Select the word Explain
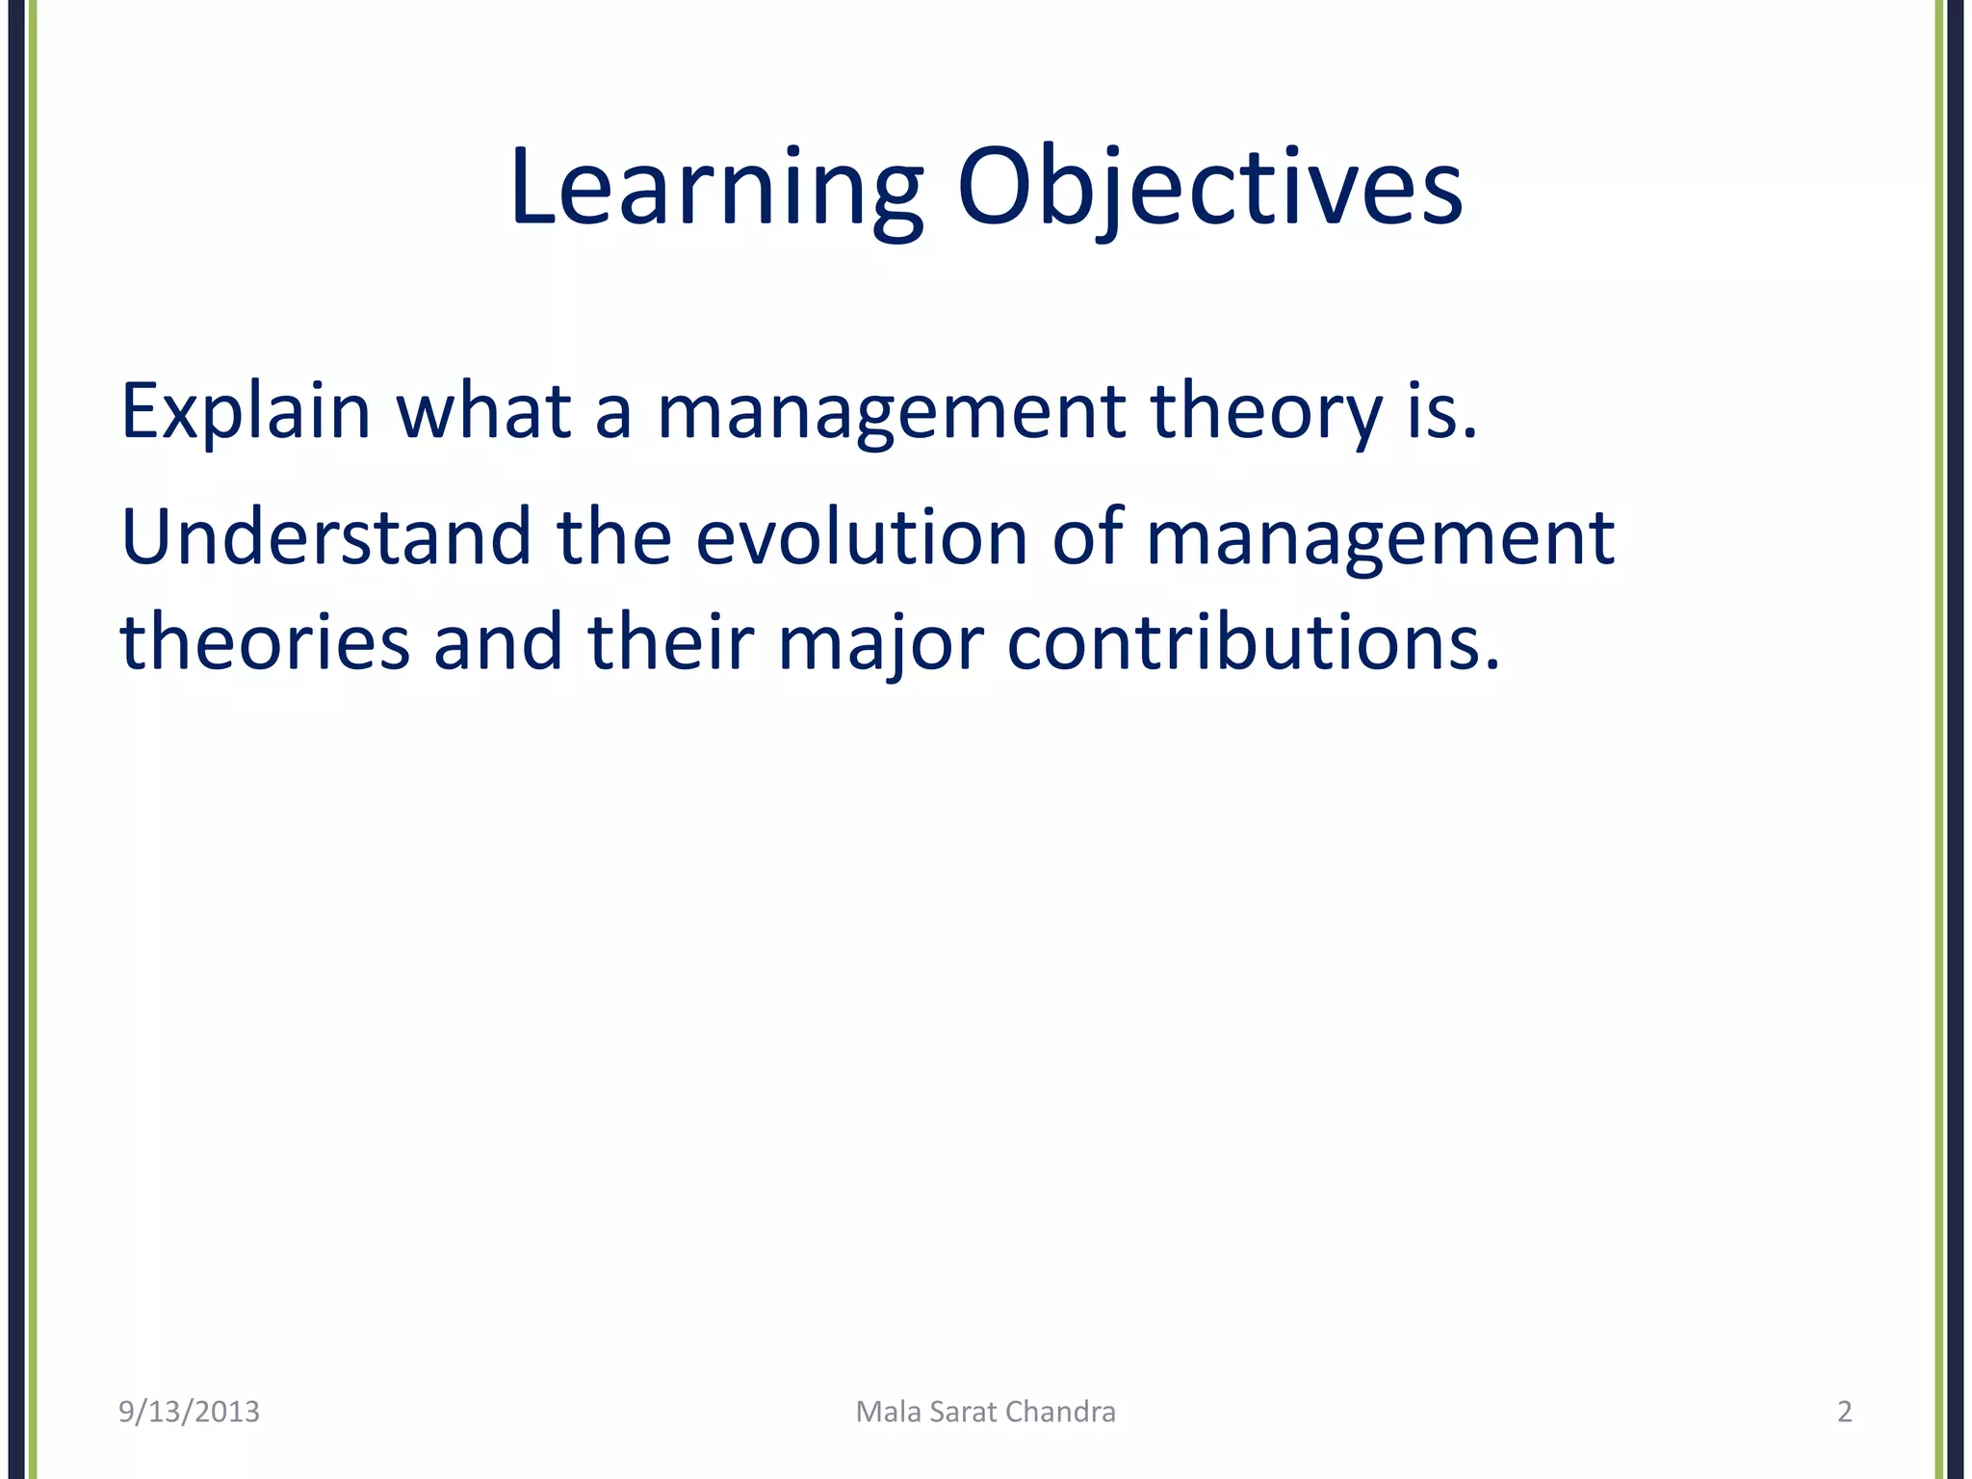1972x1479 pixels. pyautogui.click(x=246, y=412)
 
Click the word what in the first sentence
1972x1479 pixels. pyautogui.click(x=483, y=412)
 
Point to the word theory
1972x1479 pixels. pyautogui.click(x=1267, y=412)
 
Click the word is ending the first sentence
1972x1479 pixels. pyautogui.click(x=1440, y=412)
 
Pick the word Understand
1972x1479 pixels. pyautogui.click(x=326, y=537)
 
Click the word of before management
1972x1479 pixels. pyautogui.click(x=1087, y=537)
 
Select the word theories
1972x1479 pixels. pyautogui.click(x=265, y=643)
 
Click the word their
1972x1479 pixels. pyautogui.click(x=670, y=643)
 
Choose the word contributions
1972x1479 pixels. pyautogui.click(x=1252, y=643)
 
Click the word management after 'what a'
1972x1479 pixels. pyautogui.click(x=892, y=412)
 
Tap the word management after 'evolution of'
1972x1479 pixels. pyautogui.click(x=1380, y=537)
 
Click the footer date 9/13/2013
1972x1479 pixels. pyautogui.click(x=189, y=1412)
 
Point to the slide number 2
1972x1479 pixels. pyautogui.click(x=1845, y=1412)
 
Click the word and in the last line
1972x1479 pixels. pyautogui.click(x=498, y=643)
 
